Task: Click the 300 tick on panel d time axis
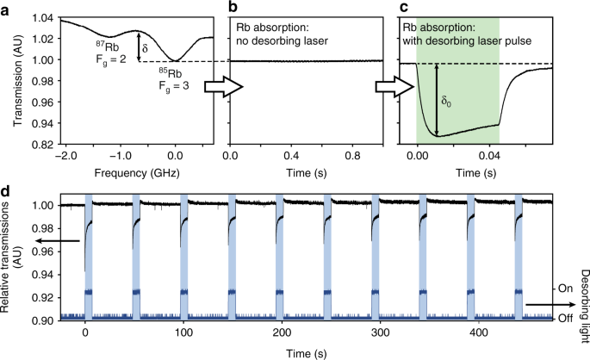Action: pos(256,332)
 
